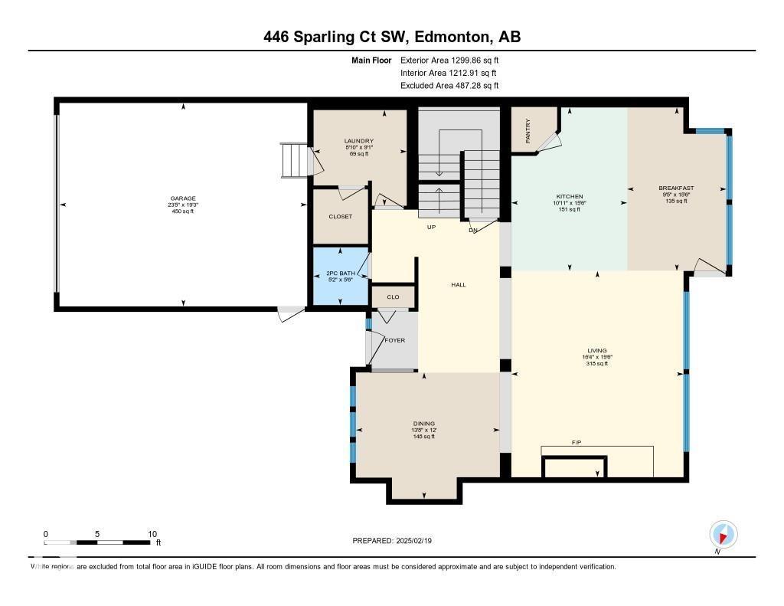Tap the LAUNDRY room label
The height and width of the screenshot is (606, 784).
pyautogui.click(x=358, y=141)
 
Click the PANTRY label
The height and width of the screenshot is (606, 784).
pyautogui.click(x=528, y=130)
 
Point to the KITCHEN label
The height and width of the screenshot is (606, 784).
pyautogui.click(x=569, y=197)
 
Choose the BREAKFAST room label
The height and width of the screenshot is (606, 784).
pyautogui.click(x=676, y=188)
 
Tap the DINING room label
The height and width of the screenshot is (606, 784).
pyautogui.click(x=423, y=424)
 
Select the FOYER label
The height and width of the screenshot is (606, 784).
pyautogui.click(x=395, y=340)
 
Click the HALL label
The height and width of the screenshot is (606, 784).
pyautogui.click(x=458, y=285)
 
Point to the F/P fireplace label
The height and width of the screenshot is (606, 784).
pyautogui.click(x=577, y=443)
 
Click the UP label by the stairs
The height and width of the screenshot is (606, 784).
pyautogui.click(x=432, y=228)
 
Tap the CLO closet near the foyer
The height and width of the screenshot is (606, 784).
pyautogui.click(x=393, y=296)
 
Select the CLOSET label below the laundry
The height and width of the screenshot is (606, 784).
pyautogui.click(x=340, y=217)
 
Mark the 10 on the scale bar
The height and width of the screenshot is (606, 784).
pyautogui.click(x=152, y=534)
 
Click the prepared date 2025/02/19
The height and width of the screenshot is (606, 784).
pyautogui.click(x=397, y=541)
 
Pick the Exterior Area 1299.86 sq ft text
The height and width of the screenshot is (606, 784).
pyautogui.click(x=449, y=60)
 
